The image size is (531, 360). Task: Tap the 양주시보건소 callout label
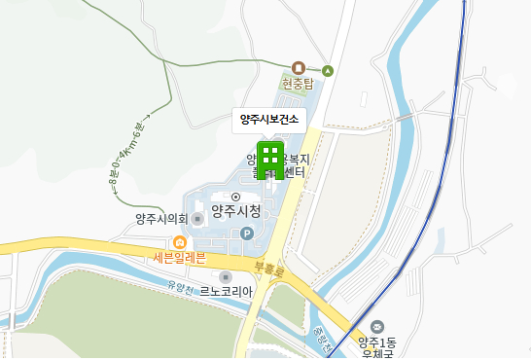(269, 120)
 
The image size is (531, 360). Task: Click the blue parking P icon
(246, 234)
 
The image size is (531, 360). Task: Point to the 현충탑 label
(299, 84)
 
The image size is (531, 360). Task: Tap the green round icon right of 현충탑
(329, 70)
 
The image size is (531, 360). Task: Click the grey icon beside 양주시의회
(198, 218)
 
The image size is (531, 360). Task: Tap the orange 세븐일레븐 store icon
(179, 242)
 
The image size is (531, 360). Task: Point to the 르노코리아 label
(227, 291)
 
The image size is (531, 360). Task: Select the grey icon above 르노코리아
(226, 276)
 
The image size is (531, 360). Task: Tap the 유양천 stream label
(182, 287)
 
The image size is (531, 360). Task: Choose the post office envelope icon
(378, 326)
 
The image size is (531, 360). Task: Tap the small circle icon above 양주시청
(234, 197)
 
